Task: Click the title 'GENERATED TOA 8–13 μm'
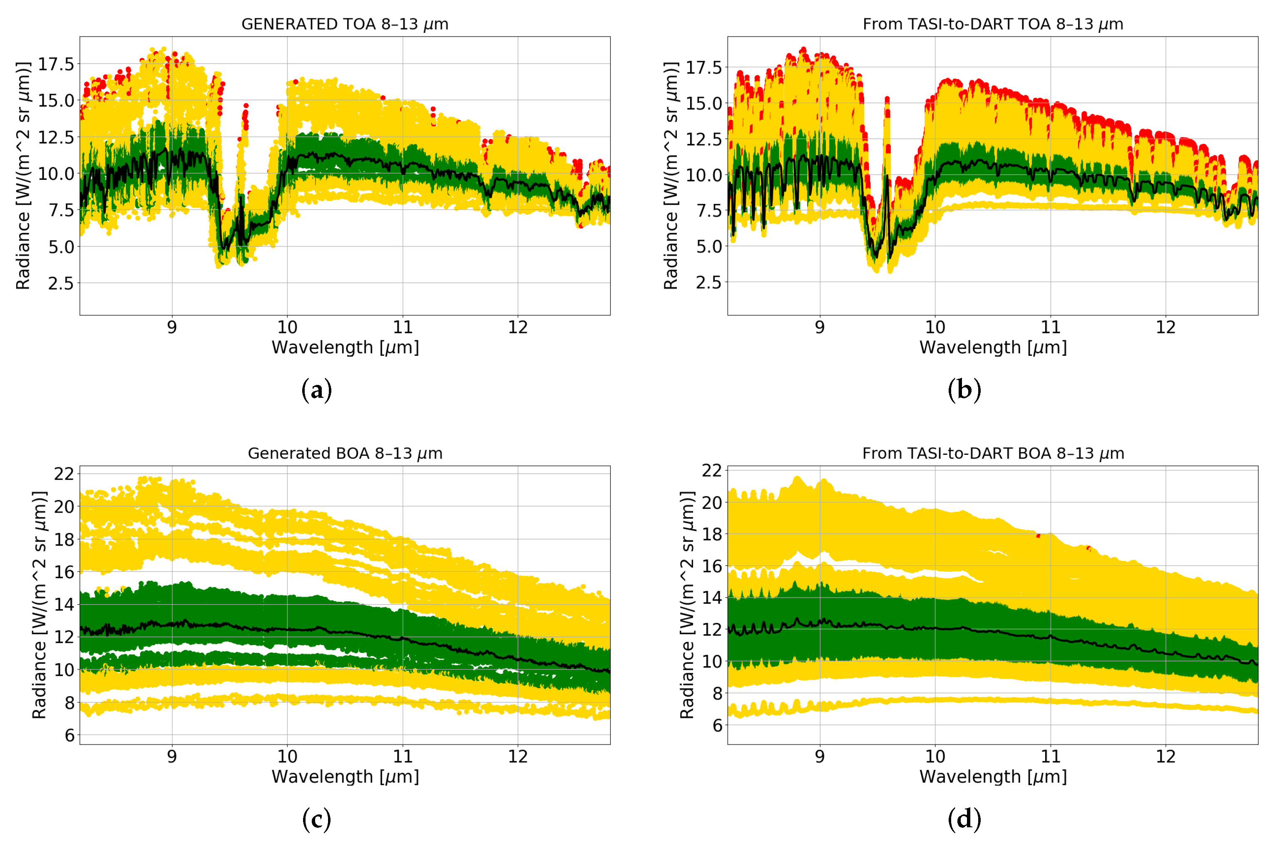pos(344,24)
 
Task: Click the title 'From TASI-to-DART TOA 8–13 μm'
pos(992,24)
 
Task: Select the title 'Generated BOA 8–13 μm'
pos(345,453)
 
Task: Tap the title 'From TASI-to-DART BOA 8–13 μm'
pos(993,453)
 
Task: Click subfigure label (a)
pos(316,390)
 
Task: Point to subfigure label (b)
pos(964,390)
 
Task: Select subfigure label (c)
pos(316,819)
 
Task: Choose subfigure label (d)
pos(964,819)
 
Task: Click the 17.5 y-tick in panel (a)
pos(56,64)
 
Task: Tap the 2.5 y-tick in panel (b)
pos(708,282)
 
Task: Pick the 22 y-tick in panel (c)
pos(63,474)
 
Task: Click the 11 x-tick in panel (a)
pos(403,327)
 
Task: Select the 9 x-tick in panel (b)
pos(820,327)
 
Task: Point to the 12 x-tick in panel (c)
pos(517,757)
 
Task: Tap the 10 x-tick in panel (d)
pos(935,757)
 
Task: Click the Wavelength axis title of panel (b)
pos(993,347)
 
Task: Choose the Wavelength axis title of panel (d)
pos(993,777)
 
